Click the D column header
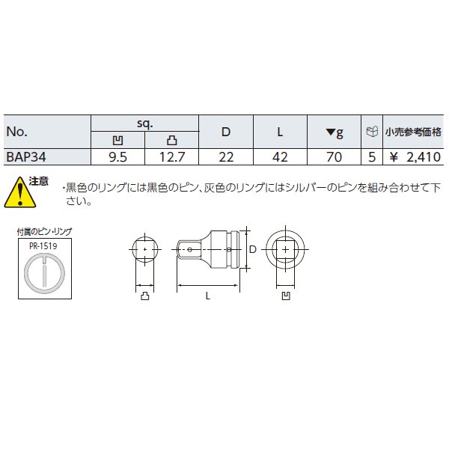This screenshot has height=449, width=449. point(226,132)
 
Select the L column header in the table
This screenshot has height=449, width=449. point(279,132)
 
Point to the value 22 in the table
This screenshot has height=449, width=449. point(226,156)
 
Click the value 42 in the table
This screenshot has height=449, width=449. point(279,156)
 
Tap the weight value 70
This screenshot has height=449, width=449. point(335,156)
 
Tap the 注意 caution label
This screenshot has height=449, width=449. point(38,182)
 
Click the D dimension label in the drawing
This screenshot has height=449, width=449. point(252,248)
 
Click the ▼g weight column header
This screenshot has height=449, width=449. point(335,132)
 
